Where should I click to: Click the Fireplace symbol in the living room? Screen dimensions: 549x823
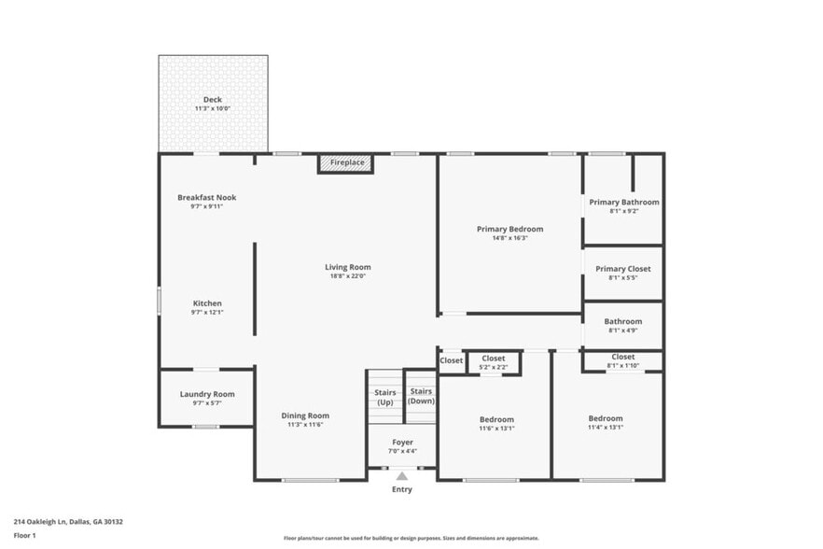tap(346, 163)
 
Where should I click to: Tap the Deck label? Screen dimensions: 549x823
tap(213, 100)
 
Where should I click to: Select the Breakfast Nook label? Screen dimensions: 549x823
tap(206, 198)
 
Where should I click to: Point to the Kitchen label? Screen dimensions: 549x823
tap(206, 303)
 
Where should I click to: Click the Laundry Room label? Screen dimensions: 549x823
tap(206, 394)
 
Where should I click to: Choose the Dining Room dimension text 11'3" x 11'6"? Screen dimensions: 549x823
tap(305, 425)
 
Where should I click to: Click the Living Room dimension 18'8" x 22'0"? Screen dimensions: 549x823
tap(348, 276)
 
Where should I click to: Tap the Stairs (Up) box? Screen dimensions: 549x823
tap(384, 397)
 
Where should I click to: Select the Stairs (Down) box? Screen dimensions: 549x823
tap(421, 396)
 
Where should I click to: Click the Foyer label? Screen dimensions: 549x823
tap(401, 442)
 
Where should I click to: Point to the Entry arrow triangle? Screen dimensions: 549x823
tap(401, 476)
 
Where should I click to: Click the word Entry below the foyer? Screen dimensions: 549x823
tap(401, 489)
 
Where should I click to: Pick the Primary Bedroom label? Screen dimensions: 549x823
tap(509, 229)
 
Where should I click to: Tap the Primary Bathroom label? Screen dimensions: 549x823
tap(623, 202)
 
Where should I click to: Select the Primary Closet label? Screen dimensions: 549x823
tap(623, 269)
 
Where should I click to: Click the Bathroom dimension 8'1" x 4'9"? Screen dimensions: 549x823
tap(623, 331)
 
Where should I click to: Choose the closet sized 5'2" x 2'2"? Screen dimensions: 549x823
tap(494, 363)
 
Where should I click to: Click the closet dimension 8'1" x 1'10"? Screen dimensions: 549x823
tap(623, 366)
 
